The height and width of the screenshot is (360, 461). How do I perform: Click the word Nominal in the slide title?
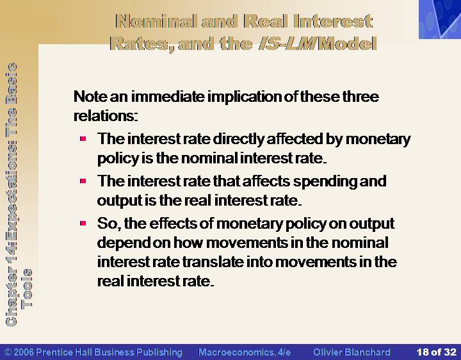(x=156, y=22)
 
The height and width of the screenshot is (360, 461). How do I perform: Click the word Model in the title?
(x=348, y=44)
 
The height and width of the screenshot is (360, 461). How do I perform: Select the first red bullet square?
(x=83, y=138)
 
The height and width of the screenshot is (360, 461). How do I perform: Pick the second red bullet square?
(x=83, y=181)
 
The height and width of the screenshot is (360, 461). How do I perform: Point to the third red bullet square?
(x=83, y=224)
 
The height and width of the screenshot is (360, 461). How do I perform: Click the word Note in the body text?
(x=90, y=97)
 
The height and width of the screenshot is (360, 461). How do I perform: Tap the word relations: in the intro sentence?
(x=106, y=116)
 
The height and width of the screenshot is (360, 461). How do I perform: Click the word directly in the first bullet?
(x=239, y=140)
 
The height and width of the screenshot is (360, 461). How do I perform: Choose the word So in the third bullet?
(x=108, y=224)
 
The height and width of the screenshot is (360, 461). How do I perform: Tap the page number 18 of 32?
(x=436, y=352)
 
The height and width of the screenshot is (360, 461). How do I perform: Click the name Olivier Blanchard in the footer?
(x=352, y=352)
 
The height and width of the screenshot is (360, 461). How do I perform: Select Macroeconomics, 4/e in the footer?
(x=245, y=352)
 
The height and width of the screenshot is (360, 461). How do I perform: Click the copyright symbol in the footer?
(x=8, y=352)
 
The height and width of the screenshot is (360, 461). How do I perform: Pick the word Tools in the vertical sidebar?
(x=27, y=288)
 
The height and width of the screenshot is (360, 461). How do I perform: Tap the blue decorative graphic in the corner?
(x=440, y=19)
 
